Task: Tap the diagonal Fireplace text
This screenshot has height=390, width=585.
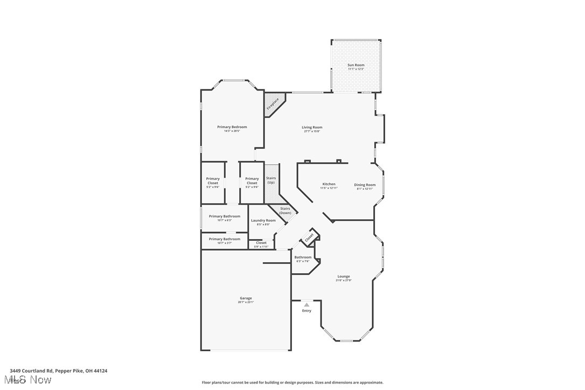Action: pyautogui.click(x=273, y=103)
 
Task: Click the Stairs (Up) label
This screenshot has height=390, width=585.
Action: pyautogui.click(x=271, y=180)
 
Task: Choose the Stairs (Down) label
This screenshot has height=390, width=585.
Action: pyautogui.click(x=285, y=211)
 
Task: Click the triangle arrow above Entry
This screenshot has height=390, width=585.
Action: pyautogui.click(x=307, y=305)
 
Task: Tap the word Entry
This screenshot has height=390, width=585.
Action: pyautogui.click(x=307, y=311)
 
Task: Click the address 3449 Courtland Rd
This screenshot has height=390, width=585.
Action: pyautogui.click(x=58, y=371)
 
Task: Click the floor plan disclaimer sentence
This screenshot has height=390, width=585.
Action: pyautogui.click(x=292, y=382)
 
